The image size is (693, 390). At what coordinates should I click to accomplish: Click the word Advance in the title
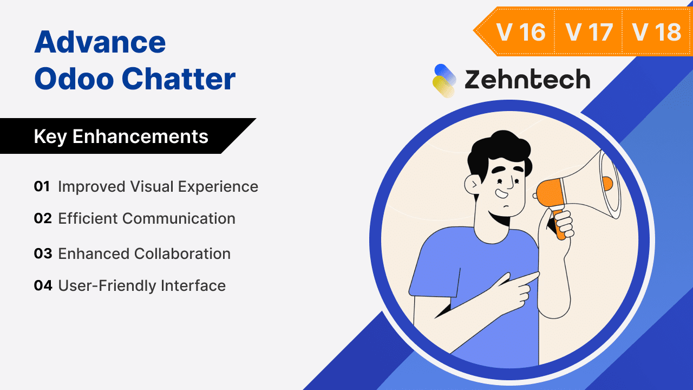pyautogui.click(x=100, y=42)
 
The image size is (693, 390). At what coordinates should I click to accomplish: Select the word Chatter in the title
pyautogui.click(x=178, y=79)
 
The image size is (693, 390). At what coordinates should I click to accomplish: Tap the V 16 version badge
pyautogui.click(x=521, y=32)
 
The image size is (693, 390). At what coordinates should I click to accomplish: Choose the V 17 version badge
pyautogui.click(x=589, y=32)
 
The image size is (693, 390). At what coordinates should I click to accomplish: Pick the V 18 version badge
pyautogui.click(x=656, y=32)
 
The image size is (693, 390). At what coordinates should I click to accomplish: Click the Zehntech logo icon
pyautogui.click(x=444, y=81)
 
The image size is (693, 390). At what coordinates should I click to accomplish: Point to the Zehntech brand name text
pyautogui.click(x=527, y=80)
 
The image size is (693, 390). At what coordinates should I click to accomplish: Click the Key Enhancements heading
pyautogui.click(x=121, y=136)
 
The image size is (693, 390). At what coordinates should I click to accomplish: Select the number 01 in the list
pyautogui.click(x=42, y=186)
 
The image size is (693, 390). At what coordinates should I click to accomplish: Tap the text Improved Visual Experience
pyautogui.click(x=158, y=186)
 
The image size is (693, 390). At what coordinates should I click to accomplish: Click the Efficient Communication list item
pyautogui.click(x=146, y=218)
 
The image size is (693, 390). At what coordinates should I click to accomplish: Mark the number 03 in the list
pyautogui.click(x=42, y=253)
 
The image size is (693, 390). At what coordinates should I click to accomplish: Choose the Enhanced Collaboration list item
pyautogui.click(x=144, y=253)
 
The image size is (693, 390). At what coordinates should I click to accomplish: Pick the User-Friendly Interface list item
pyautogui.click(x=141, y=285)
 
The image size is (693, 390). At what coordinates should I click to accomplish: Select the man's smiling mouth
pyautogui.click(x=502, y=192)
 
